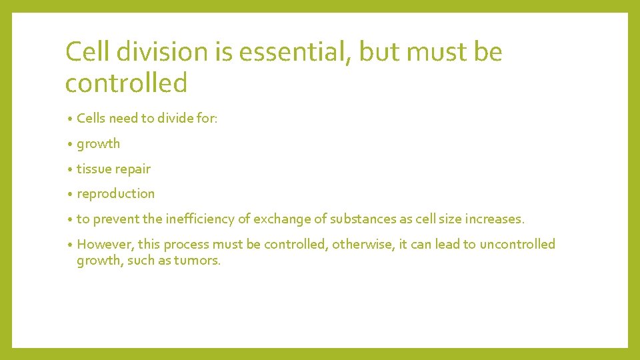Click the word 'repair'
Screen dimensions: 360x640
click(x=133, y=169)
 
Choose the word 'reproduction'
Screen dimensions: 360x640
click(x=115, y=194)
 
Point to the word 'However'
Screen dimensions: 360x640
click(x=104, y=244)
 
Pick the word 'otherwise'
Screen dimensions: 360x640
click(x=363, y=244)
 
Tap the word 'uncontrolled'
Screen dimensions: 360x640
click(x=517, y=244)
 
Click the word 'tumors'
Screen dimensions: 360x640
click(x=198, y=260)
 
